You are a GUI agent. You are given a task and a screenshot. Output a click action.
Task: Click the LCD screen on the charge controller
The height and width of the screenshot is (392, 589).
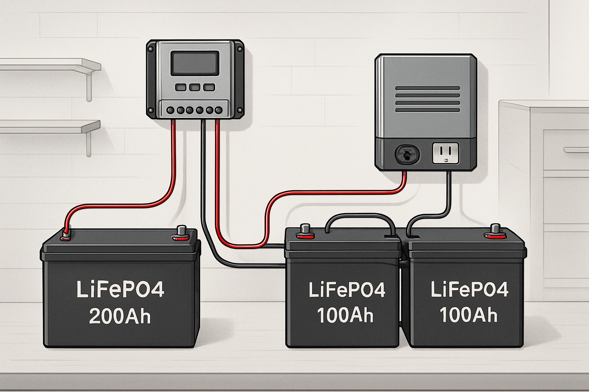(x=194, y=63)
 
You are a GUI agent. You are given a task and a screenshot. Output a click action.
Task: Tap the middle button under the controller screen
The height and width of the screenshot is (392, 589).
(x=195, y=87)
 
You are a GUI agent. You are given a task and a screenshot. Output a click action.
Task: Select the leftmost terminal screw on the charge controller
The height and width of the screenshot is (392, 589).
(x=171, y=110)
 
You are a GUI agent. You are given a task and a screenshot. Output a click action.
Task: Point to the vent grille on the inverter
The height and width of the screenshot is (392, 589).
(x=427, y=99)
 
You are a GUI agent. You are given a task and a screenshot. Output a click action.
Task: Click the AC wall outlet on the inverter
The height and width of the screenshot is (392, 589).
(x=445, y=153)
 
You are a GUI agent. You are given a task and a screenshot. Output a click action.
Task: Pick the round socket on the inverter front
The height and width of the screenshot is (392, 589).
(x=406, y=154)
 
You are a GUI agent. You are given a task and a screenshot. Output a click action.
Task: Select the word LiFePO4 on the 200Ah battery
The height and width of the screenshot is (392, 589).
(x=120, y=289)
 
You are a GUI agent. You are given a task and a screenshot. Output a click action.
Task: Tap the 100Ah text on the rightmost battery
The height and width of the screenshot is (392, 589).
(x=468, y=315)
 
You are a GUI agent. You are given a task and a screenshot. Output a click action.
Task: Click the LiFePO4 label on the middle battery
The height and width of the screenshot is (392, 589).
(x=347, y=290)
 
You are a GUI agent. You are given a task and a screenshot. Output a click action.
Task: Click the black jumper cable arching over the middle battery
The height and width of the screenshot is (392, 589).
(x=360, y=216)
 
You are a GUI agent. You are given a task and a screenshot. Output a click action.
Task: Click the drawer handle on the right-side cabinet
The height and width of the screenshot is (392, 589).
(x=576, y=150)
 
